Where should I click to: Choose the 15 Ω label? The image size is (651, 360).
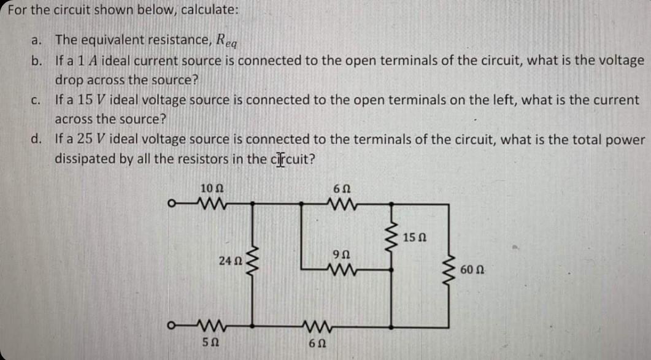click(x=417, y=237)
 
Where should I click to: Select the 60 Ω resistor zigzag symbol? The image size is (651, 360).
click(x=454, y=268)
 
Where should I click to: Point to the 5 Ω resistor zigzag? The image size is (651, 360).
click(x=209, y=323)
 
